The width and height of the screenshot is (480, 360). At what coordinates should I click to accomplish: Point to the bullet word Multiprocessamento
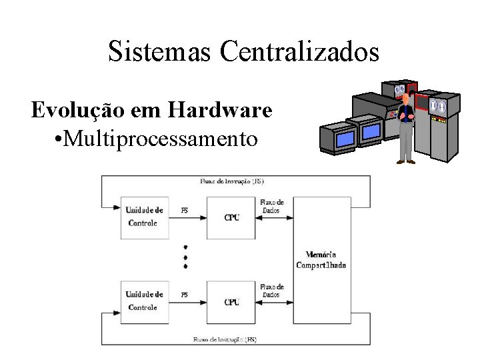point(157,139)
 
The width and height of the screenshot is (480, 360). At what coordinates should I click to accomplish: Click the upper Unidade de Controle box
point(144,217)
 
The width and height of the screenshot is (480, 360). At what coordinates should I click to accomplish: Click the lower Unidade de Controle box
point(144,301)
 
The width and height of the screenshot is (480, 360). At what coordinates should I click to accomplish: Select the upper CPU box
point(231,217)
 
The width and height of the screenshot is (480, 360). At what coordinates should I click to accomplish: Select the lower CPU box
point(231,302)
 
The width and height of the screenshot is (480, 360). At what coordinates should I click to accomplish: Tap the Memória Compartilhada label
point(321,259)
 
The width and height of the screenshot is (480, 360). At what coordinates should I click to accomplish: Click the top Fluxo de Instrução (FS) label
point(232,181)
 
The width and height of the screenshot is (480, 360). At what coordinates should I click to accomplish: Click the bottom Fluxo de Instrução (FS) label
point(225,339)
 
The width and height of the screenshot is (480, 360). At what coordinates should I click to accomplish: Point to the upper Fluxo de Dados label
point(271,206)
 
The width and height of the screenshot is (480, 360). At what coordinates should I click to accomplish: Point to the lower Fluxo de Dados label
point(271,291)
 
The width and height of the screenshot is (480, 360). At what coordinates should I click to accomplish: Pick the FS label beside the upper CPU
point(185,211)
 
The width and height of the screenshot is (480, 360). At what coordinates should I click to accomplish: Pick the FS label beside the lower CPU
point(185,295)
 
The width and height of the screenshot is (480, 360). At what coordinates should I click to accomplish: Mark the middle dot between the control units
point(185,257)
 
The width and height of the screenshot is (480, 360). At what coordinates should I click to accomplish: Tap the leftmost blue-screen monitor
point(345,139)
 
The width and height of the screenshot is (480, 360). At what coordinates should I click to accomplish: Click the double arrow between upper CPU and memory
point(274,217)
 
